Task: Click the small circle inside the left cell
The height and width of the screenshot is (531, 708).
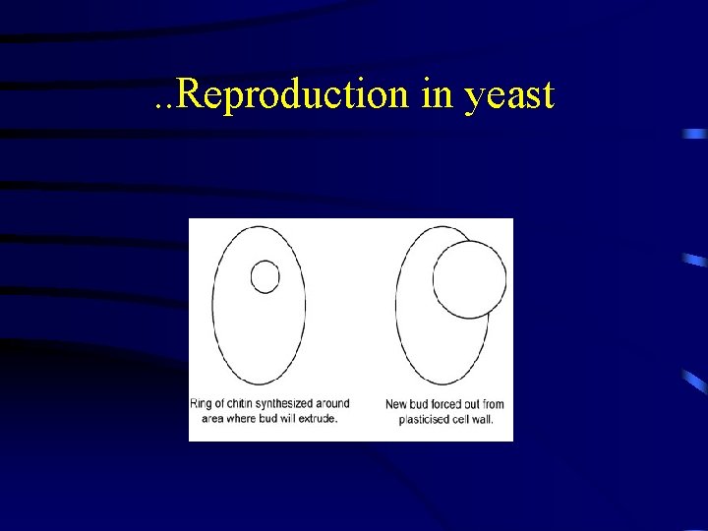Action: tap(265, 277)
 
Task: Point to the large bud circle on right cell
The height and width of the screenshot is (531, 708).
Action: tap(469, 279)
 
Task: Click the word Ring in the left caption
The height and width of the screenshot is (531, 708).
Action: tap(201, 404)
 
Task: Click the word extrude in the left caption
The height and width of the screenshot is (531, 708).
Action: tap(317, 418)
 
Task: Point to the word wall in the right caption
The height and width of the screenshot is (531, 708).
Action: tap(482, 419)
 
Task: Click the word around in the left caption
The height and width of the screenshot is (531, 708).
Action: tap(332, 404)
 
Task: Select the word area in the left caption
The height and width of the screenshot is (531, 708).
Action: tap(205, 418)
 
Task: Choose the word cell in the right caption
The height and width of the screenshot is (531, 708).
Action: tap(460, 419)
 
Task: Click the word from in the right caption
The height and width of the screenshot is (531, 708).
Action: tap(492, 404)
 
